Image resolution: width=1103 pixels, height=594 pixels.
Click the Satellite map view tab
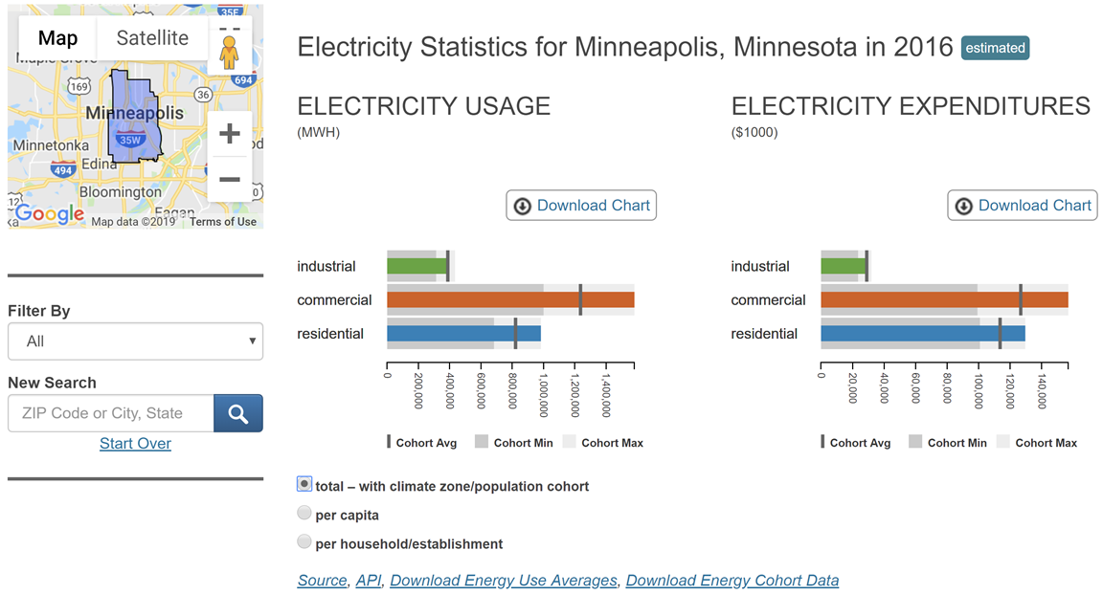[x=152, y=38]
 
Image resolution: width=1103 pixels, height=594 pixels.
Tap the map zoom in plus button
[x=230, y=133]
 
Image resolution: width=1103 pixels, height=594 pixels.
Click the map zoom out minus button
[x=230, y=179]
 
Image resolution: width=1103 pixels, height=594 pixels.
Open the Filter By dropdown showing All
[x=135, y=341]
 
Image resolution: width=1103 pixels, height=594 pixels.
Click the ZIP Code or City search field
[x=111, y=413]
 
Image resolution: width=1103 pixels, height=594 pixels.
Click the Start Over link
[x=135, y=444]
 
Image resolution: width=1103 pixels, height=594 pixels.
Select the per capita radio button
[x=304, y=514]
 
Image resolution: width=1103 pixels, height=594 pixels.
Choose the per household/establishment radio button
[x=304, y=542]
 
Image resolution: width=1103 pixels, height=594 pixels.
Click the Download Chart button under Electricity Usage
[x=581, y=206]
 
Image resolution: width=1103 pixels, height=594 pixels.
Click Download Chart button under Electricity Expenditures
[x=1023, y=206]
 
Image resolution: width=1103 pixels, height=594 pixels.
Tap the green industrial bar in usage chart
[x=416, y=266]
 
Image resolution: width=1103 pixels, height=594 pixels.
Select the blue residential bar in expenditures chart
[x=922, y=334]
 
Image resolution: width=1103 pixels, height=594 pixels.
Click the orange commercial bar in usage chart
[x=509, y=300]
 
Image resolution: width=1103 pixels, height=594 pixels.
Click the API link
[x=369, y=581]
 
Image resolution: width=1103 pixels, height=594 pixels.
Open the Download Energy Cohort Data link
[x=732, y=581]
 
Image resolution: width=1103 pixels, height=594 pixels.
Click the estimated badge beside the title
[x=995, y=48]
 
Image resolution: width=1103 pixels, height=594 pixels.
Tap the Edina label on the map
[x=99, y=164]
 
